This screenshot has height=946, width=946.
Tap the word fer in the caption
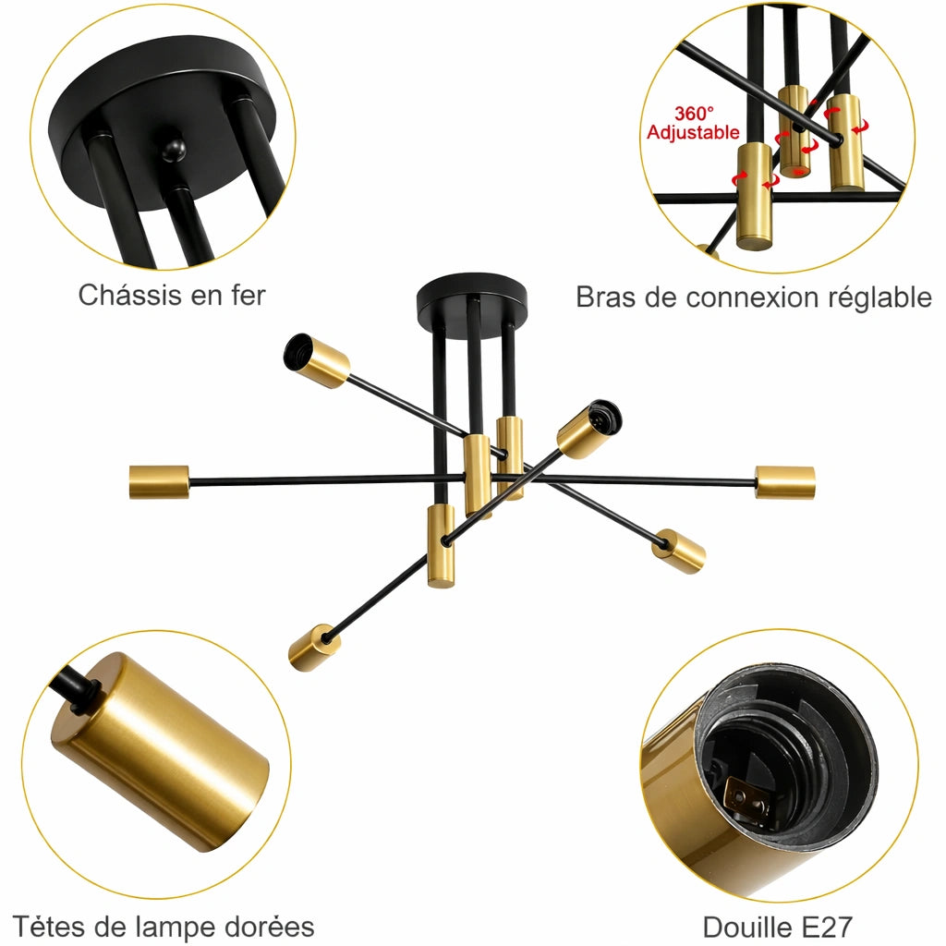click(x=249, y=296)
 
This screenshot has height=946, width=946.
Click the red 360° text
click(x=695, y=114)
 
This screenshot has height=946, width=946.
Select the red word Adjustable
click(x=693, y=132)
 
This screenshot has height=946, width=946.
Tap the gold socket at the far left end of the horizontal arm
click(x=159, y=482)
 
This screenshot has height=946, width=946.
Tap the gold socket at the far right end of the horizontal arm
click(x=785, y=482)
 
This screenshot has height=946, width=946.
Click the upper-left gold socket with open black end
click(x=317, y=361)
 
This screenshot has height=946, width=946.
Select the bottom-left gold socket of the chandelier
click(x=314, y=649)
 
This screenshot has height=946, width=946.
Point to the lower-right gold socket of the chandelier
click(x=679, y=551)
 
